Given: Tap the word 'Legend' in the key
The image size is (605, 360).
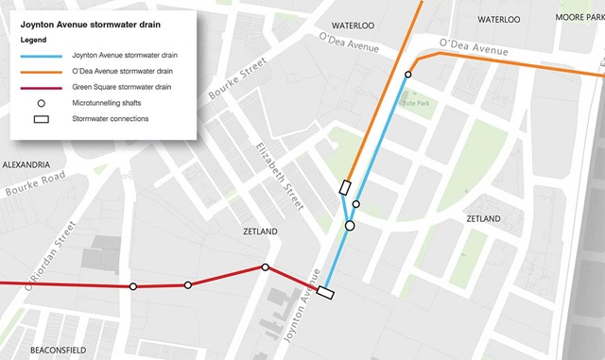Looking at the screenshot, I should [x=33, y=42].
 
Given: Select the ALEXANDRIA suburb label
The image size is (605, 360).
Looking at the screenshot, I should [x=26, y=164].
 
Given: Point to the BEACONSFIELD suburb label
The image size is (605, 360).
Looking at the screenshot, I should [x=59, y=349].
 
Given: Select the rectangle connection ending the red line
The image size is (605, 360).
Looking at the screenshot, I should [x=324, y=292].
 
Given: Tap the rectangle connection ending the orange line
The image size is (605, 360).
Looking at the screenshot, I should [x=344, y=186].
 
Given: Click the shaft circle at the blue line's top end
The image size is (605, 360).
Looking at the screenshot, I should [x=408, y=75].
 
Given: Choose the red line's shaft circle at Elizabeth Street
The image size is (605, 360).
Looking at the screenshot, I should [x=266, y=267].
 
